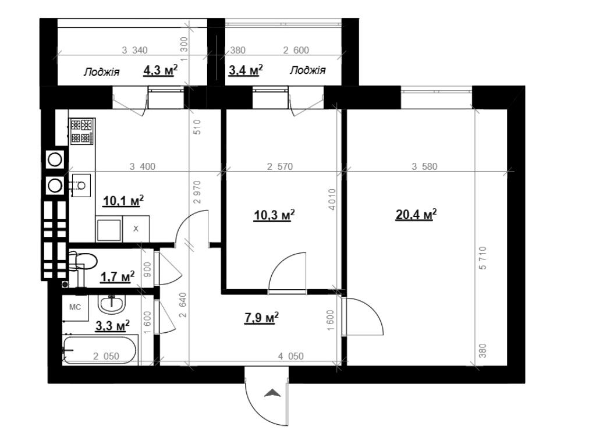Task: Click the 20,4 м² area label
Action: coord(416,215)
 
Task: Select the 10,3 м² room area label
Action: coord(274,215)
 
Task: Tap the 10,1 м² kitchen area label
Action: coord(123,201)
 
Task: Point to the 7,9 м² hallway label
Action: coord(262,318)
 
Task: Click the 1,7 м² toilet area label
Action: coord(117,277)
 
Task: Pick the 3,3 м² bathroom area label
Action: coord(112,326)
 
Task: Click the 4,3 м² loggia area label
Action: coord(161,70)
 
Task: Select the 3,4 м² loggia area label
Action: coord(246,70)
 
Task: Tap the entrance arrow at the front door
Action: coord(272,393)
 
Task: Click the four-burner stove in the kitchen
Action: coord(81,131)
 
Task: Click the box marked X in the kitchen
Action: coord(136,229)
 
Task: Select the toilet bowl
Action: coord(83,261)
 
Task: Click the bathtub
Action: coord(100,350)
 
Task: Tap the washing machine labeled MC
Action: coord(75,308)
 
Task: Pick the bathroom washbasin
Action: coord(112,304)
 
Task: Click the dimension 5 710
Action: coord(483,258)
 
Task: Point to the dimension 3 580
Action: coord(424,166)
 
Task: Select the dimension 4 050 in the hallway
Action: coord(291,356)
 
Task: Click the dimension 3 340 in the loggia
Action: coord(134,50)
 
